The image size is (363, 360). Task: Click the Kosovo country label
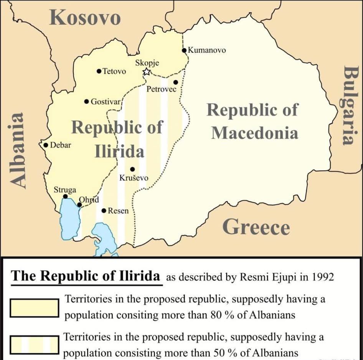85,18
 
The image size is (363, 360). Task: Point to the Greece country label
256,227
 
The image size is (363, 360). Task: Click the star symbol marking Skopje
147,72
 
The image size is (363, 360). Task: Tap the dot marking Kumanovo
184,50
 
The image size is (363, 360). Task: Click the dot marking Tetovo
99,71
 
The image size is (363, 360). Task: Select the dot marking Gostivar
87,102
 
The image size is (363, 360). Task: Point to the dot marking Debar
46,145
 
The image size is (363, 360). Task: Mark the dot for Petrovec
175,82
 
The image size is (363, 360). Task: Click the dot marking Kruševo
132,169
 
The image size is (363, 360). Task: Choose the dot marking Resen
104,210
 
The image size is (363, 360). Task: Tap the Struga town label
65,190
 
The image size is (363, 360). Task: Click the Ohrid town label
89,200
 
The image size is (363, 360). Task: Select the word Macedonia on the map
254,133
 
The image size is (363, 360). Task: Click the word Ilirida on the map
119,152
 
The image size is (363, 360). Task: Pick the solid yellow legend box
35,308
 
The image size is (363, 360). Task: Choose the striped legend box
35,344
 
